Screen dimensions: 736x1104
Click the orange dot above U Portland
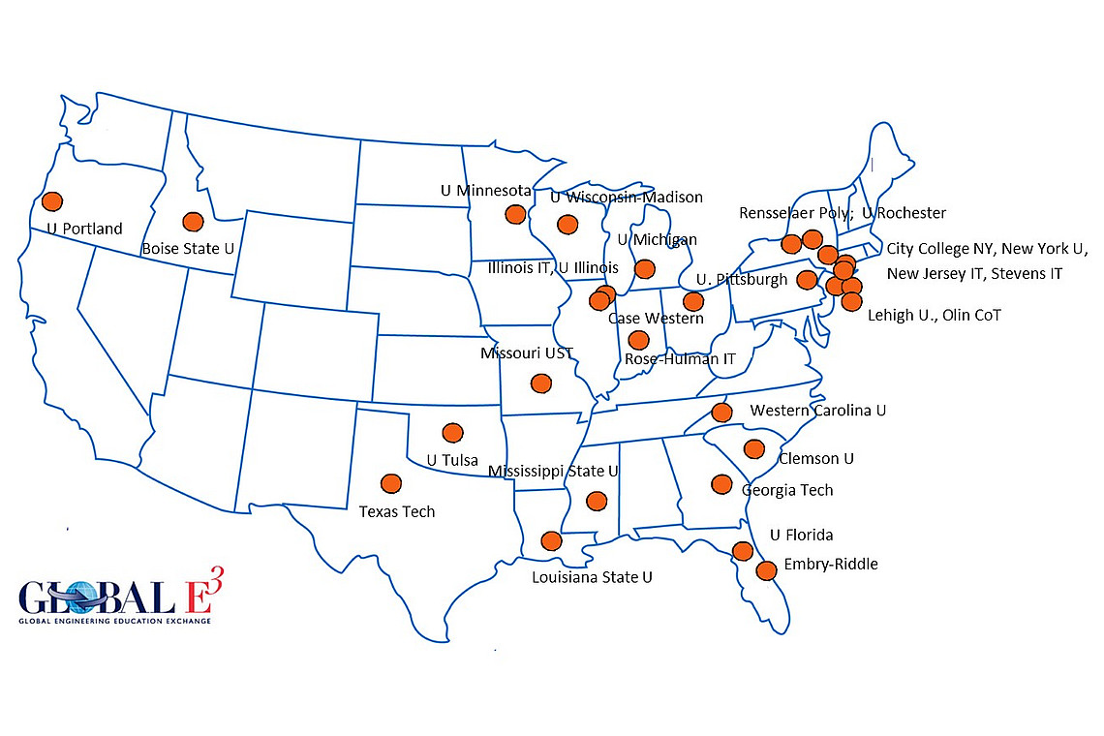point(51,201)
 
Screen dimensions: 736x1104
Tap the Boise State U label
point(188,249)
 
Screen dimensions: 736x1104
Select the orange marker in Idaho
point(193,222)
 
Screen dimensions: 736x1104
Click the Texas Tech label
point(397,511)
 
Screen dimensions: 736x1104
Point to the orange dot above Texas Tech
point(391,483)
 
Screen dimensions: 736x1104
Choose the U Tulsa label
point(452,460)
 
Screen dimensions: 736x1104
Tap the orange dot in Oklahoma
point(451,432)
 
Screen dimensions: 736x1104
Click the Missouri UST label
point(526,353)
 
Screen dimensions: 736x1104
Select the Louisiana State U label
point(592,577)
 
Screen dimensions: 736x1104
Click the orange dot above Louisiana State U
point(551,540)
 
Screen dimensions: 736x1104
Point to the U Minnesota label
point(486,191)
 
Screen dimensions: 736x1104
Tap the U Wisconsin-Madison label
point(626,198)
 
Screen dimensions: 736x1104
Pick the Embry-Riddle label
point(831,564)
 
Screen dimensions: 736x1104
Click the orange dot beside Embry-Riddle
point(766,570)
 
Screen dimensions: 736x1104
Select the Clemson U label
point(816,458)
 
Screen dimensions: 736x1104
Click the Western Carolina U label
point(818,411)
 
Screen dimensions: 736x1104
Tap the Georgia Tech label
point(787,490)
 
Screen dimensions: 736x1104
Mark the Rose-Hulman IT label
point(680,358)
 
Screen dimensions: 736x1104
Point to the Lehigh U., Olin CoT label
point(934,315)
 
